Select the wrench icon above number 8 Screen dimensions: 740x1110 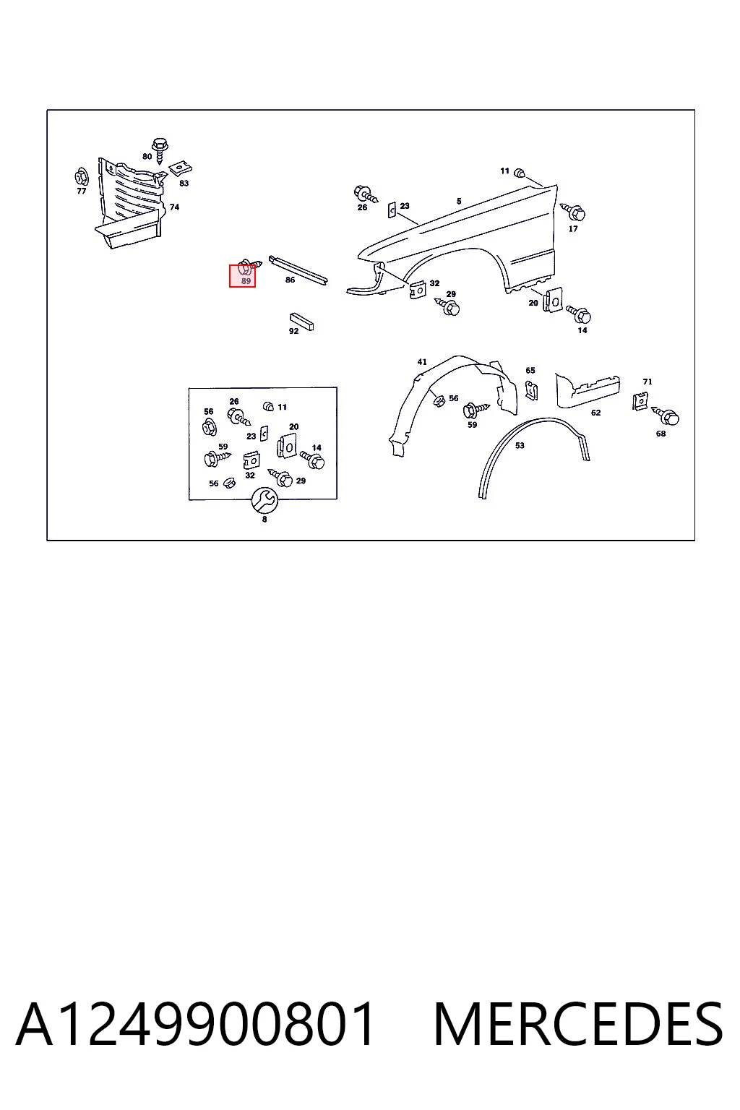(x=264, y=500)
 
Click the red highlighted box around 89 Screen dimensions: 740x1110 (x=242, y=275)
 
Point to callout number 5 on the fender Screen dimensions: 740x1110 (x=459, y=201)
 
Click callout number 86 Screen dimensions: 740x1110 (x=290, y=280)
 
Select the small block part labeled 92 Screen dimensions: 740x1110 (x=302, y=321)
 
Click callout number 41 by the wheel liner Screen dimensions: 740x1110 (x=422, y=362)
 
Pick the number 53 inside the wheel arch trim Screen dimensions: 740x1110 (x=520, y=445)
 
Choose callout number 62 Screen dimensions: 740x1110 (x=595, y=413)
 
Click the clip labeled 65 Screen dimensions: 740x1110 (x=531, y=390)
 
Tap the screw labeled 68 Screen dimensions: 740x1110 (x=666, y=416)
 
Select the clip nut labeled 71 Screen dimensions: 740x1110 (x=641, y=401)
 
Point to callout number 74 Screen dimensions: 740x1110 (x=174, y=207)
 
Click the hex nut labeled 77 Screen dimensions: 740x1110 (x=81, y=177)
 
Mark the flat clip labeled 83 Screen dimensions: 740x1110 (x=181, y=168)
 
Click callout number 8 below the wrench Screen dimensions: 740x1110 (x=264, y=520)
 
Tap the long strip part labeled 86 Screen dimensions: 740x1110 (x=298, y=270)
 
